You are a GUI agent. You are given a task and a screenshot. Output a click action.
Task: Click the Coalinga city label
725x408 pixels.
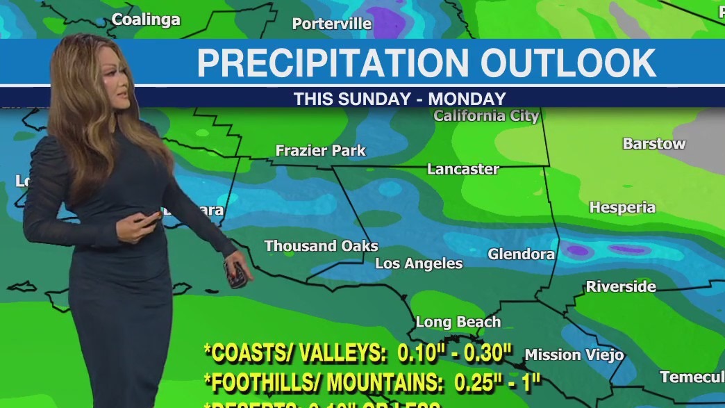tap(146, 19)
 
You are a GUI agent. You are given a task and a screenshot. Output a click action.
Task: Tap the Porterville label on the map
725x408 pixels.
tap(332, 24)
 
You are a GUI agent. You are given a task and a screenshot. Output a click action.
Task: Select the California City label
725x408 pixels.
tap(486, 116)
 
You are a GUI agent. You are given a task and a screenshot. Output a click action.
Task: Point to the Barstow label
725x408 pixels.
tap(653, 144)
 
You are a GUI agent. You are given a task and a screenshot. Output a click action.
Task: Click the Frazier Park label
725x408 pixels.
tap(320, 151)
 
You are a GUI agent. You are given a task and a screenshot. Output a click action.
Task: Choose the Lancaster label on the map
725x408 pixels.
tap(462, 169)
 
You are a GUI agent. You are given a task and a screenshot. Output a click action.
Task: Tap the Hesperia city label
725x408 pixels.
tap(622, 207)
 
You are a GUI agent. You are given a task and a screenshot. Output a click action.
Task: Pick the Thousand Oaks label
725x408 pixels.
tap(321, 246)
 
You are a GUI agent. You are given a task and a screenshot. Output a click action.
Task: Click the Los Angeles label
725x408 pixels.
tap(419, 263)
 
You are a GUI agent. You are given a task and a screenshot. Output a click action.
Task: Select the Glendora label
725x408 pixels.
tap(521, 254)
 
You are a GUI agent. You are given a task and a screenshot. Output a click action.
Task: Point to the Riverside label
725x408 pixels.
tap(621, 286)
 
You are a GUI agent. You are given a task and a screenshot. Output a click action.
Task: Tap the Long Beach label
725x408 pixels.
tap(458, 322)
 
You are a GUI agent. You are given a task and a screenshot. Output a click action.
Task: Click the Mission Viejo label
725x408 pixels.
tap(574, 355)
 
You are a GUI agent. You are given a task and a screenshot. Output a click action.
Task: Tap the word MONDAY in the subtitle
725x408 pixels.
tap(467, 99)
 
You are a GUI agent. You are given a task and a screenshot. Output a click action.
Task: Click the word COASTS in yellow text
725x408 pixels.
tap(254, 354)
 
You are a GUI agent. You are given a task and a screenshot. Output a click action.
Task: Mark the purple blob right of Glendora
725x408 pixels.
tap(578, 250)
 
